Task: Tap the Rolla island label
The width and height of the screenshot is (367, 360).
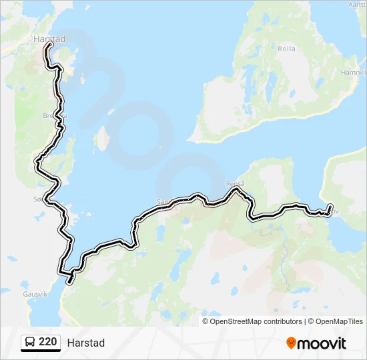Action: coord(286,49)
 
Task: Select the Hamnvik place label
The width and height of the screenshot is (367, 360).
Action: coord(353,72)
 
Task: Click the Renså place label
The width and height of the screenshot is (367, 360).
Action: coord(236,183)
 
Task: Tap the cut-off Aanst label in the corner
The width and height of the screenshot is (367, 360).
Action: coord(357,5)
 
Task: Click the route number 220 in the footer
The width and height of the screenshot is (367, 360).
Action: coord(47,342)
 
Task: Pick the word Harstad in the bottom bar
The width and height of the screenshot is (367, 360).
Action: coord(85,343)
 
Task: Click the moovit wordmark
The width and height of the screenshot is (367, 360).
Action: coord(322,343)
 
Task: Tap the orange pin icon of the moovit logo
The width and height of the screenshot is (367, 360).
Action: coord(291,343)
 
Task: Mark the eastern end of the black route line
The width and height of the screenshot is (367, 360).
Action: coord(330,206)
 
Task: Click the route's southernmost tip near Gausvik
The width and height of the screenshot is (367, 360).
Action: coord(68,282)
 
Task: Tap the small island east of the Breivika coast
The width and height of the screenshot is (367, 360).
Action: coord(102,139)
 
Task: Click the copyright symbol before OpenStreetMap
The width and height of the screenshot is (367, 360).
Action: coord(206,321)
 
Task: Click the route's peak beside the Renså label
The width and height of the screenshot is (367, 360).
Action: coord(236,189)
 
